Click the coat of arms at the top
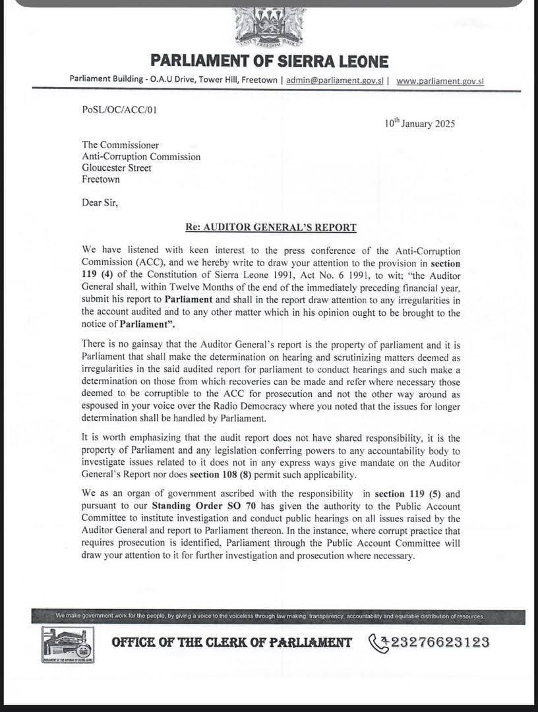pyautogui.click(x=268, y=27)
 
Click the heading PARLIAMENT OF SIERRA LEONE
pyautogui.click(x=269, y=61)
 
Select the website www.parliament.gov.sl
pyautogui.click(x=440, y=80)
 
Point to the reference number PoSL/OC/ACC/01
pyautogui.click(x=119, y=110)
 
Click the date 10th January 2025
pyautogui.click(x=419, y=123)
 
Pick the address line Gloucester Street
pyautogui.click(x=117, y=168)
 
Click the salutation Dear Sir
pyautogui.click(x=100, y=202)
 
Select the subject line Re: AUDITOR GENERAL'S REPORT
pyautogui.click(x=271, y=227)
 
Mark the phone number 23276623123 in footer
pyautogui.click(x=440, y=641)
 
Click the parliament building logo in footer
pyautogui.click(x=67, y=645)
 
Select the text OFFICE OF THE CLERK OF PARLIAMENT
pyautogui.click(x=231, y=642)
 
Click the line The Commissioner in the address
pyautogui.click(x=120, y=145)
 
